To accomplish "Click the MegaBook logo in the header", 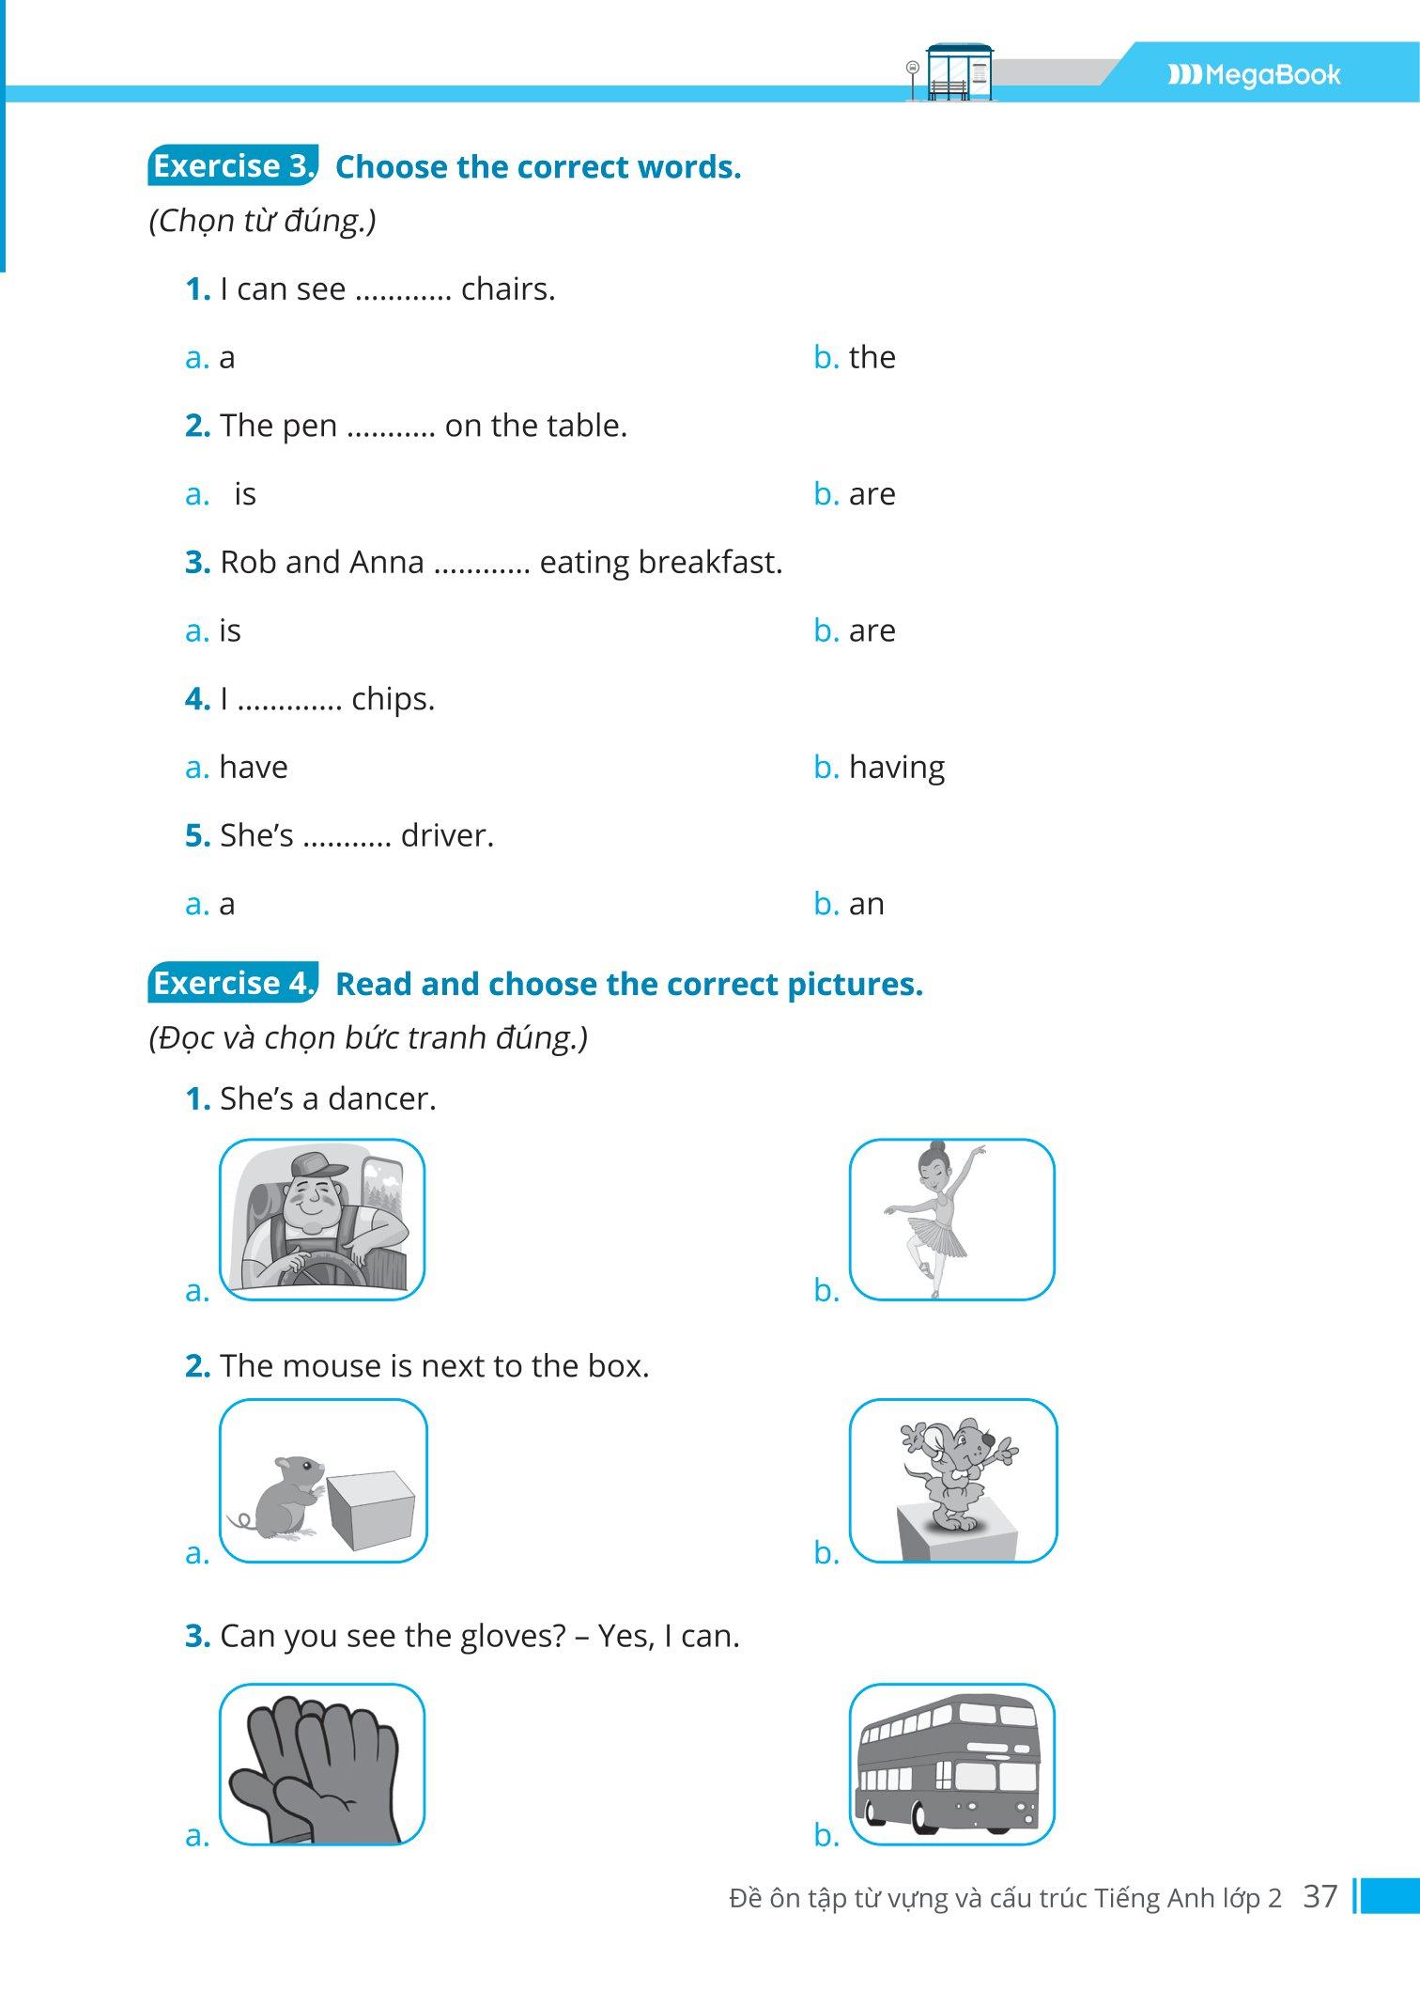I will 1254,75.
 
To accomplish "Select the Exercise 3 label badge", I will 233,166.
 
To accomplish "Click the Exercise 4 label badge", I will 233,984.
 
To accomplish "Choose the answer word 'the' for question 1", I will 872,357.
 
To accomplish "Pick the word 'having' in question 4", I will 896,768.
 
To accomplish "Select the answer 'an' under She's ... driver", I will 866,904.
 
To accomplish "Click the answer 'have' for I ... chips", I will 254,768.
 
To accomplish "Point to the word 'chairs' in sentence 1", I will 507,289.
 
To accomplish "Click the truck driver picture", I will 322,1220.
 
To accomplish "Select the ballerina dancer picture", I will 951,1220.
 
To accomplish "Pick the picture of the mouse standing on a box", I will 953,1481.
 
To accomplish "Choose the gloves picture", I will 322,1765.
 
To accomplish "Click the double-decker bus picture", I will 951,1765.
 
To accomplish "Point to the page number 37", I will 1320,1896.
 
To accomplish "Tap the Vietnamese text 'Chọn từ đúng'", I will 262,222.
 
